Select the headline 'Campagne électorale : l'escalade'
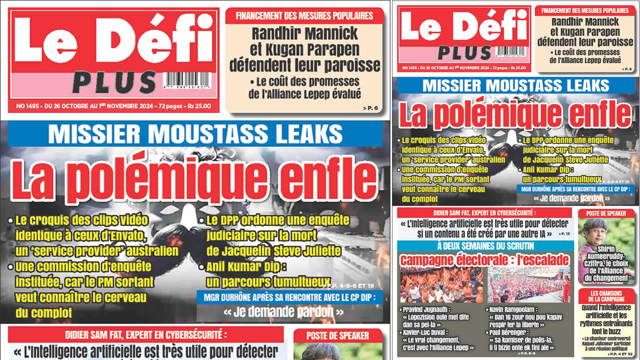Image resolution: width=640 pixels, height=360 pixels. pos(484,260)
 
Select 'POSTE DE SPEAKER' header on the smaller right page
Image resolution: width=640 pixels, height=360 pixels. pos(607,213)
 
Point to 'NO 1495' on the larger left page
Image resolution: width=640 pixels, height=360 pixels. pos(27,106)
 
